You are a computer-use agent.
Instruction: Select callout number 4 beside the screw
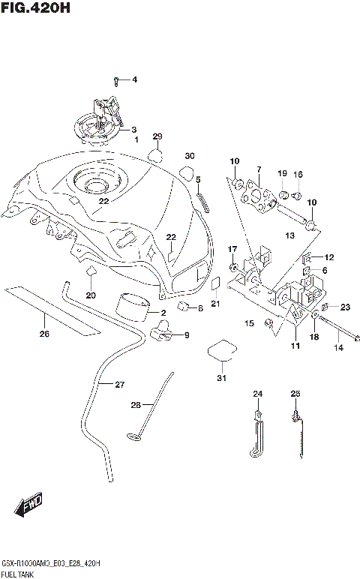tap(134, 79)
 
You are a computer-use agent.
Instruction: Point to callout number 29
tap(157, 136)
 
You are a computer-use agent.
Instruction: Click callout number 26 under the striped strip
tap(44, 334)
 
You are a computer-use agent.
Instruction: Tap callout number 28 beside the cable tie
tap(136, 404)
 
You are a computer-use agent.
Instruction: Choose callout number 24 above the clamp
tap(257, 394)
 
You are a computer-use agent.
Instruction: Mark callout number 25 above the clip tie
tap(295, 394)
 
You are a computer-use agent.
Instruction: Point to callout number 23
tap(345, 306)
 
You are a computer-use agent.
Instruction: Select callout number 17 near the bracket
tap(232, 249)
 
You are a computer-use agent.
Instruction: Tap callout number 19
tap(282, 174)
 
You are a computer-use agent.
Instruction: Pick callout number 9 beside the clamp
tap(186, 334)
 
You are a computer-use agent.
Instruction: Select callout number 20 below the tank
tap(91, 295)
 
